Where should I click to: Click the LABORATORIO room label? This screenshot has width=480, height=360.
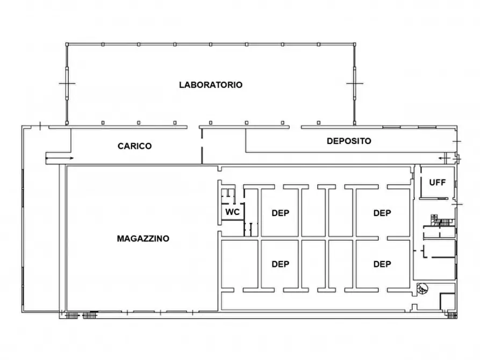point(211,85)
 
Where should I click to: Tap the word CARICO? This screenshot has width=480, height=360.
point(134,146)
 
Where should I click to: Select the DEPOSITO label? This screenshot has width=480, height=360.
point(349,141)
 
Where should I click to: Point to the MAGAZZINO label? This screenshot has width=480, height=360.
point(143,238)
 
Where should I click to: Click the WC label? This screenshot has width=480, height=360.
point(232,212)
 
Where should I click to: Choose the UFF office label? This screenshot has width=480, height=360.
point(437,182)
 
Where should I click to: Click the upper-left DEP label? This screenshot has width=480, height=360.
point(280,213)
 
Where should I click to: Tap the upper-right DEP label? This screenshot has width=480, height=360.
point(382,213)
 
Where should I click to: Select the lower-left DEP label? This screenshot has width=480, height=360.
point(280,264)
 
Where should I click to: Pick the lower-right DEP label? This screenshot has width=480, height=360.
point(382,264)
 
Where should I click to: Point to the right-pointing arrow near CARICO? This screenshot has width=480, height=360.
point(60,158)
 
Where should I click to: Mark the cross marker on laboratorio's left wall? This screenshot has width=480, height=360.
point(67,84)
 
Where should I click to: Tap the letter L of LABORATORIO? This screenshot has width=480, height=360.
point(182,85)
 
